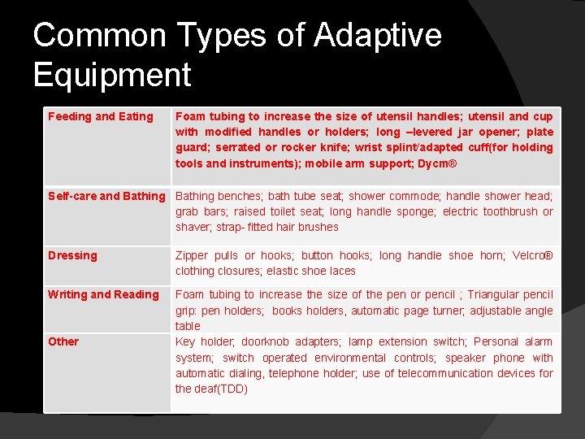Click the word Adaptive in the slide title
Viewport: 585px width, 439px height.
[x=378, y=37]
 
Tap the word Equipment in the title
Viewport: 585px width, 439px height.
[x=112, y=75]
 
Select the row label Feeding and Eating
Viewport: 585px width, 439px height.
[x=100, y=116]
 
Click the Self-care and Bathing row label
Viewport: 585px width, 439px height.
[x=106, y=196]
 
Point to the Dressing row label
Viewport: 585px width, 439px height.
[x=72, y=255]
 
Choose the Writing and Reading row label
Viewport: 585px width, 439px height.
[x=103, y=294]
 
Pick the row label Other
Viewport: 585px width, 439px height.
[x=63, y=341]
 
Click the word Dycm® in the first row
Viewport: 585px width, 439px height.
[x=438, y=163]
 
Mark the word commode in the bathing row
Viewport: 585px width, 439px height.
[x=412, y=196]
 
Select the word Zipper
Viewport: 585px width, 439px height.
[x=193, y=255]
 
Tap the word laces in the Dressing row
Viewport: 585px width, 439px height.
[x=340, y=271]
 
